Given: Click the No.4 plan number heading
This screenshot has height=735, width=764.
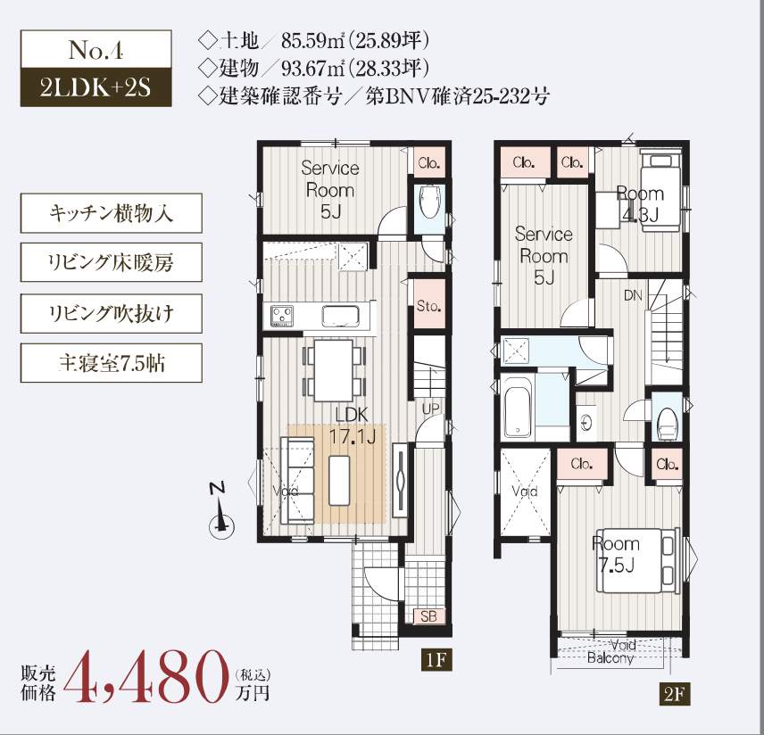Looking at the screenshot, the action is pyautogui.click(x=96, y=49).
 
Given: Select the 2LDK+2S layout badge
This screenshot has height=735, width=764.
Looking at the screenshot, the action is pyautogui.click(x=96, y=87).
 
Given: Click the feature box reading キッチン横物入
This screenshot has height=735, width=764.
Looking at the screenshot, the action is pyautogui.click(x=111, y=213).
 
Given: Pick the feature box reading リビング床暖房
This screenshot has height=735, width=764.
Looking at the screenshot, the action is pyautogui.click(x=111, y=262).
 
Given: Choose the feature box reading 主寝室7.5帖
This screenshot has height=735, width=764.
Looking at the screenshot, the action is pyautogui.click(x=111, y=363).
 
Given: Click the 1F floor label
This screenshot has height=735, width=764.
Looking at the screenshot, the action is pyautogui.click(x=436, y=660).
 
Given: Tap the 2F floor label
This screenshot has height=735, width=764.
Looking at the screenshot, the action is pyautogui.click(x=675, y=694).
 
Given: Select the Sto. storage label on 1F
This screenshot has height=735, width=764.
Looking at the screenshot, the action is pyautogui.click(x=428, y=306).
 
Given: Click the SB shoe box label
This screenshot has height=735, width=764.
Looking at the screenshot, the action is pyautogui.click(x=428, y=616).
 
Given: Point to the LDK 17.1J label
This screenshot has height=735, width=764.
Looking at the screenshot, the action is pyautogui.click(x=353, y=425).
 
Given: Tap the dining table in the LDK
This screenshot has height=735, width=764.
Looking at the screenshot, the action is pyautogui.click(x=333, y=371).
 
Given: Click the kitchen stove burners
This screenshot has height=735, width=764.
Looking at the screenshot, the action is pyautogui.click(x=282, y=316).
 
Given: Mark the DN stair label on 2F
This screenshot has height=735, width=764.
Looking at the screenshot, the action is pyautogui.click(x=633, y=295).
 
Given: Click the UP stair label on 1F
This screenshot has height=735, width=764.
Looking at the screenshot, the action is pyautogui.click(x=431, y=409).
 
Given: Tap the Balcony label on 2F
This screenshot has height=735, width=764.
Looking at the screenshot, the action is pyautogui.click(x=610, y=658).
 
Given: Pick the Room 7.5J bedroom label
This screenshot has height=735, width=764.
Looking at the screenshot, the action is pyautogui.click(x=616, y=554).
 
